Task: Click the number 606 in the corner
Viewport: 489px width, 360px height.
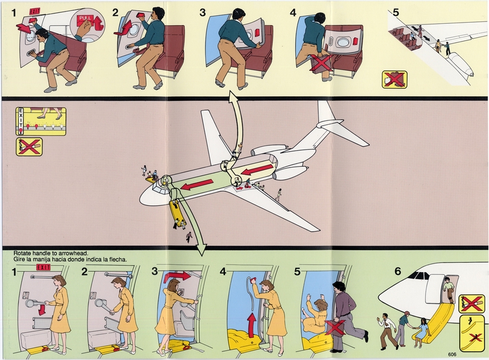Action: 469,354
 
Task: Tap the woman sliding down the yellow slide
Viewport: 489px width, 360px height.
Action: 422,330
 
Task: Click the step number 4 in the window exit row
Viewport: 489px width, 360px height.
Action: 293,12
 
